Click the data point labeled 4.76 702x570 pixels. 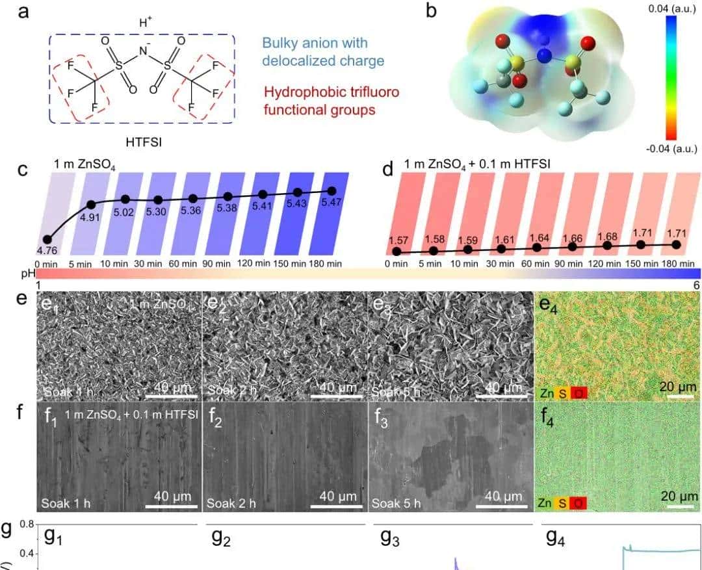tap(47, 239)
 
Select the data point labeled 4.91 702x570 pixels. tap(91, 204)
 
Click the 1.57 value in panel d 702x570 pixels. tap(396, 240)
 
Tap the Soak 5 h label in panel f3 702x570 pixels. tap(396, 503)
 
